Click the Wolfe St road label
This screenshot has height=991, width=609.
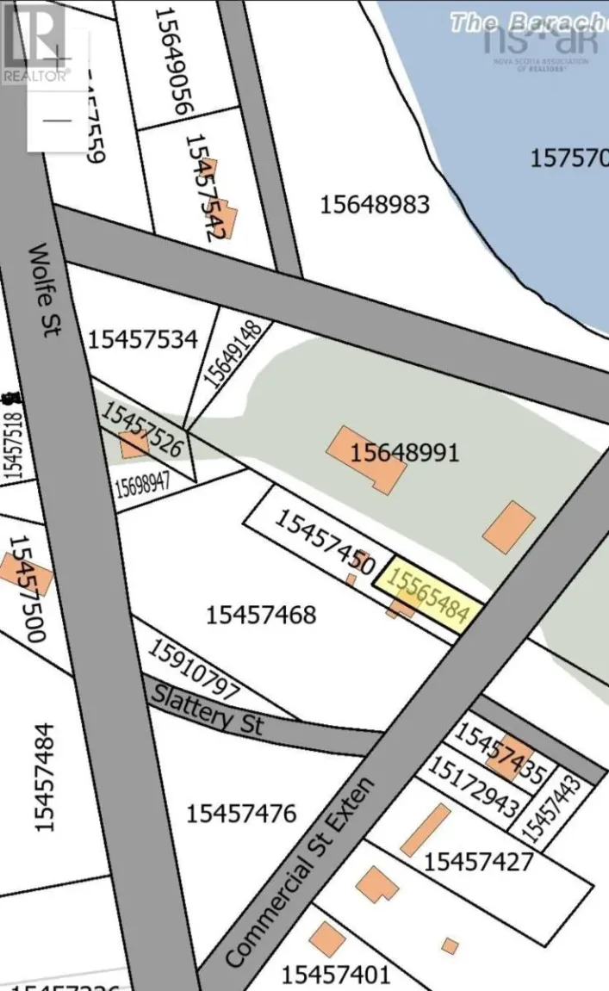point(44,290)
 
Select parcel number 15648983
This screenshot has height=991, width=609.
point(374,205)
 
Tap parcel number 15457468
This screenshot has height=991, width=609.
point(261,615)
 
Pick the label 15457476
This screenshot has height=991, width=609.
point(241,813)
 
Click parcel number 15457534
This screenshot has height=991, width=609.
point(142,339)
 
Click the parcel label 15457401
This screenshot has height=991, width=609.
point(336,975)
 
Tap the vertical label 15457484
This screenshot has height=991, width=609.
point(45,777)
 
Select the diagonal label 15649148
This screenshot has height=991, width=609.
point(220,353)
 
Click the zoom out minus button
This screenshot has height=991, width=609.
point(58,121)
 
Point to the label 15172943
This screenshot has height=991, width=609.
point(473,787)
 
